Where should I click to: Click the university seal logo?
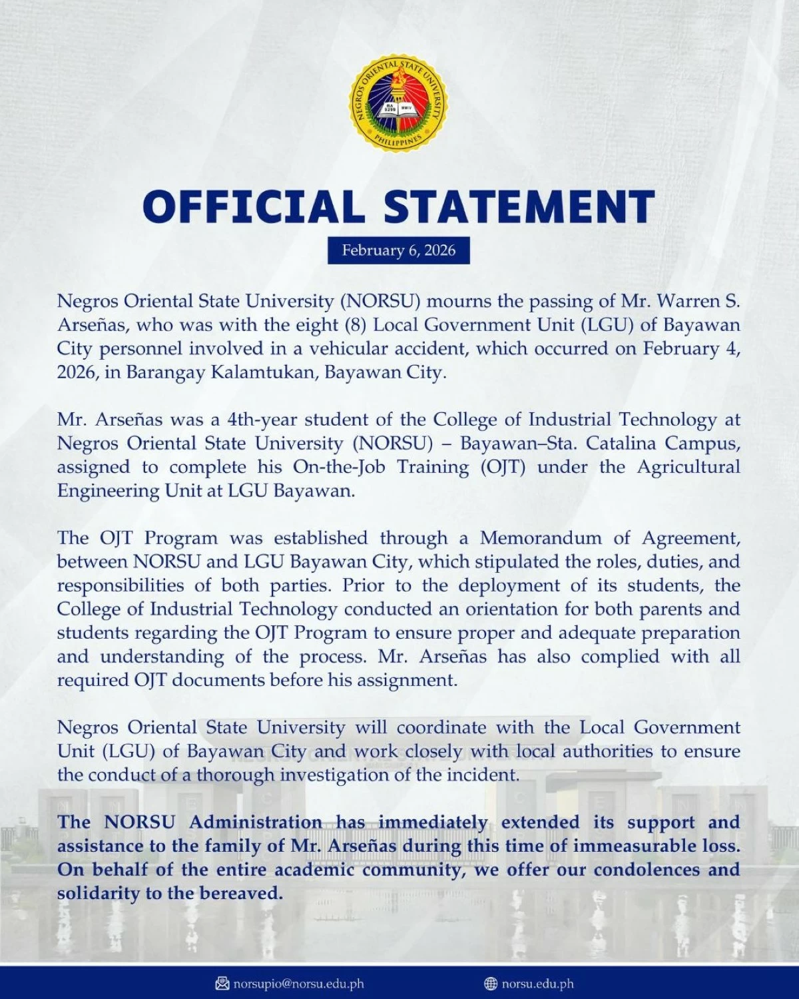tap(399, 104)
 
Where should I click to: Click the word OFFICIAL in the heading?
tap(254, 206)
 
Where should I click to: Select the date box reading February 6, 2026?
tap(399, 250)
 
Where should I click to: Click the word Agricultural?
tap(688, 467)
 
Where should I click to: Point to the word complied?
tap(621, 657)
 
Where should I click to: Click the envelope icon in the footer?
tap(222, 984)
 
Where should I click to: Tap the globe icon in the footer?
tap(491, 984)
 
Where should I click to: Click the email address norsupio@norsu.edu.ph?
tap(298, 984)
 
